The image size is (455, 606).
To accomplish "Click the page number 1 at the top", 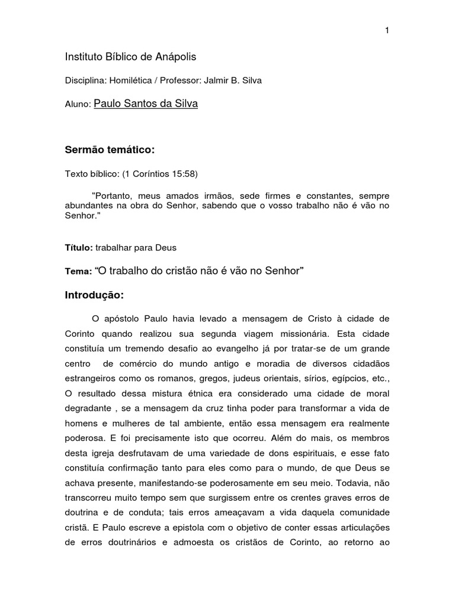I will click(x=387, y=31).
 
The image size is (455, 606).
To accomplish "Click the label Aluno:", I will click(x=77, y=104).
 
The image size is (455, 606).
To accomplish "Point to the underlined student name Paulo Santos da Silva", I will click(x=146, y=104).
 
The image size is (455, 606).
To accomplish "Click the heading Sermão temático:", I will click(x=109, y=151).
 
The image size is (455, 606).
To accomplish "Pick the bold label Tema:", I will click(x=78, y=270).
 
